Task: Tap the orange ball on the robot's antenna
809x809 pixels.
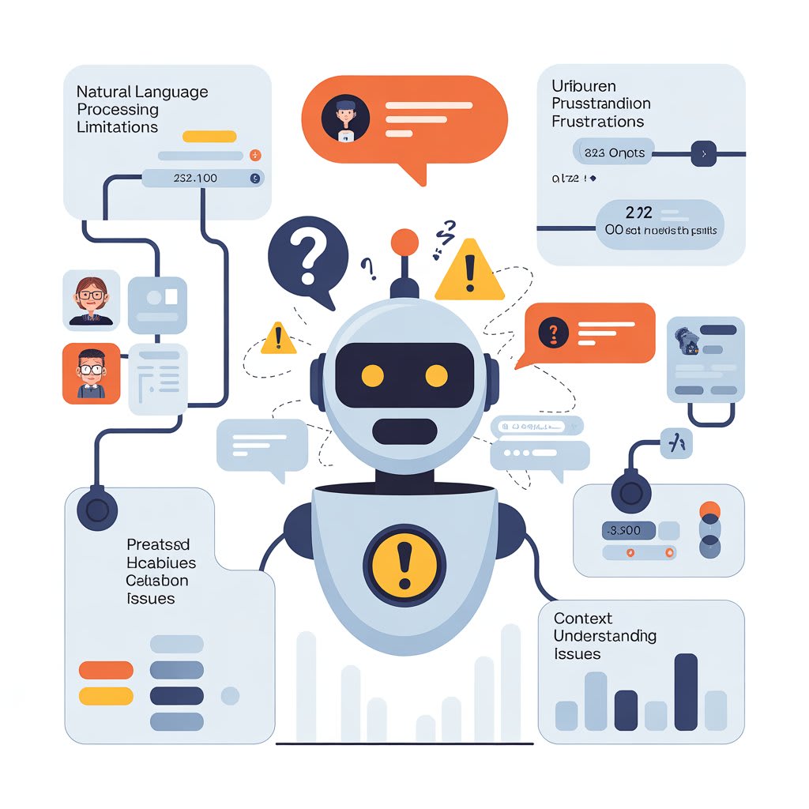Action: tap(404, 241)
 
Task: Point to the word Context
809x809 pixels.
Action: tap(583, 618)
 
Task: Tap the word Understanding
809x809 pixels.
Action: tap(605, 636)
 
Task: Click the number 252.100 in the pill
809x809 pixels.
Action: tap(195, 179)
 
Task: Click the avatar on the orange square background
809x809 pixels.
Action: tap(92, 373)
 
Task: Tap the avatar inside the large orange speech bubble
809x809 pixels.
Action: tap(345, 119)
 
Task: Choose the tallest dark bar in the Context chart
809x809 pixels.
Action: tap(686, 691)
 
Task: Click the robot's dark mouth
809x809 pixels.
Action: tap(404, 431)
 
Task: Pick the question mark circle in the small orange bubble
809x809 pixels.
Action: tap(553, 333)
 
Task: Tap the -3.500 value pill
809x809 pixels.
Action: tap(628, 531)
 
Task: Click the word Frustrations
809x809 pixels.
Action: tap(597, 122)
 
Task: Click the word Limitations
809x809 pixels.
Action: tap(117, 126)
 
